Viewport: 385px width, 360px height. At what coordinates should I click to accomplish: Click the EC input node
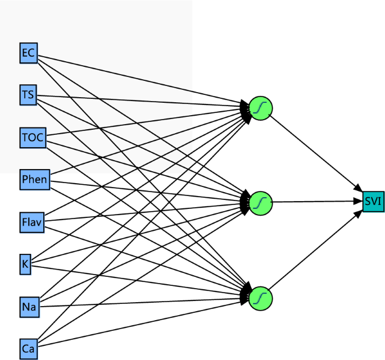(28, 53)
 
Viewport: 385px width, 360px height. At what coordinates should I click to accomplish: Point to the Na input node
(29, 307)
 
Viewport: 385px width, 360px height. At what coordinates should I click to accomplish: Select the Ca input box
(28, 349)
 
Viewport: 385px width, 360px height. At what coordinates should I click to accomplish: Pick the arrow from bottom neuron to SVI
(315, 250)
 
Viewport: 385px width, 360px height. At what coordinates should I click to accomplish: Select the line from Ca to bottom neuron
(141, 321)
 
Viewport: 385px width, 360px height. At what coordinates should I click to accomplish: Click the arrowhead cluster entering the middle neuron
(246, 200)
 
